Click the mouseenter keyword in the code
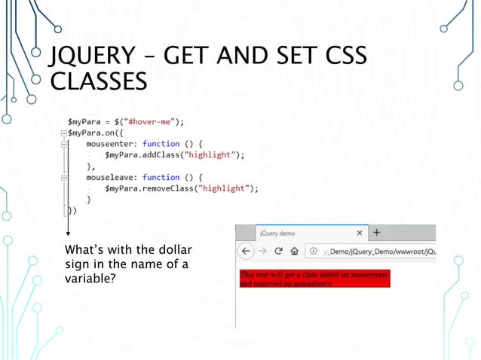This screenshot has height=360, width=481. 112,143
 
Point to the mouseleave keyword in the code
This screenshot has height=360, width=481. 112,177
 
